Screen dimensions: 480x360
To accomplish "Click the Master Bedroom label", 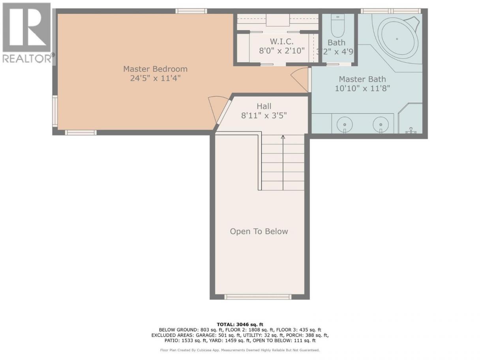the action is [x=155, y=69].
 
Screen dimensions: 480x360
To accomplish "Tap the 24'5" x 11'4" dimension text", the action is [x=155, y=78].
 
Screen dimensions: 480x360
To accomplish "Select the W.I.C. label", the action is [x=282, y=41].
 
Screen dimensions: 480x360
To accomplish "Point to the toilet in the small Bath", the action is [x=337, y=26].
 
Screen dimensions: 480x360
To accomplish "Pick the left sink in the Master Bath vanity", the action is [x=345, y=125].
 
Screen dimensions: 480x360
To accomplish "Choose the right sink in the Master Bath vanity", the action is [x=381, y=125].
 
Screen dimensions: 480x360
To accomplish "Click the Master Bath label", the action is [x=362, y=79].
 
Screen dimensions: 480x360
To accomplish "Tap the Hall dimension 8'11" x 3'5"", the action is [x=264, y=115].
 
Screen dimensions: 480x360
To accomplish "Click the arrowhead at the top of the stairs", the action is [x=283, y=137].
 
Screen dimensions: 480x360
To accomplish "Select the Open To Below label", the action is [x=259, y=231].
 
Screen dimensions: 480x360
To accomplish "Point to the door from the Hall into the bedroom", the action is [x=220, y=111].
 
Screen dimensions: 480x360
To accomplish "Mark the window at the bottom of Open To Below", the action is [x=258, y=296].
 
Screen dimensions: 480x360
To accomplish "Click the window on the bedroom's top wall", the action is [x=191, y=11].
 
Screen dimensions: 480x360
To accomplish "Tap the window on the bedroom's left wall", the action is [x=55, y=111].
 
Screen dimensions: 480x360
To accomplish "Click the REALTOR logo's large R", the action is [x=27, y=27].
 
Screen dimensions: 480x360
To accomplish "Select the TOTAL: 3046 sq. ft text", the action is [x=240, y=324].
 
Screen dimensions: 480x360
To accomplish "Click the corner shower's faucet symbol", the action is [x=411, y=131].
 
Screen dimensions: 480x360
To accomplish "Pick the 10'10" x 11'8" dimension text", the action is [x=362, y=88].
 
